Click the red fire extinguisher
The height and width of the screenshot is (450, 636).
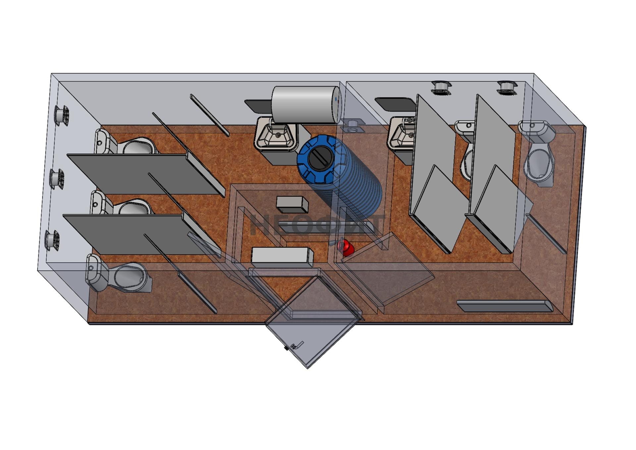click(345, 248)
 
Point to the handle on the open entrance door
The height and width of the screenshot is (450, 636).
click(297, 345)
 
